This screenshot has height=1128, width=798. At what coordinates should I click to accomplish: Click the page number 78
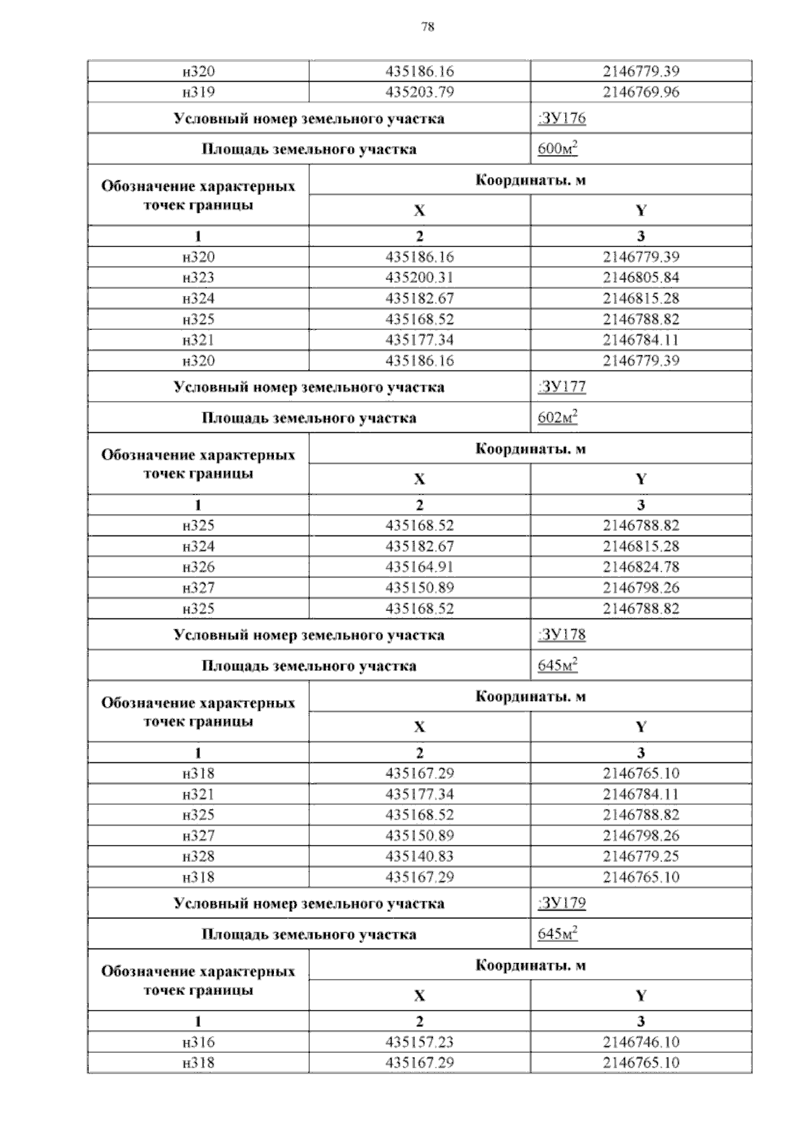[x=428, y=27]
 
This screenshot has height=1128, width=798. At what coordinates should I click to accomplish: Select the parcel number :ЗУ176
[x=561, y=118]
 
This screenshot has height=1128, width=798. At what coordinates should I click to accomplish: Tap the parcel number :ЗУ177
[x=561, y=387]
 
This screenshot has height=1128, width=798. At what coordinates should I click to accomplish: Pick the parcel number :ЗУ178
[x=561, y=634]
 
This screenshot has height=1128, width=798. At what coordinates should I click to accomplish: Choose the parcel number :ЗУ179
[x=561, y=903]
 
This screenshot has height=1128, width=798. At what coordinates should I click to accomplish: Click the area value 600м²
[x=557, y=149]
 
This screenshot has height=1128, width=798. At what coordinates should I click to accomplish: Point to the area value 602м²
[x=557, y=418]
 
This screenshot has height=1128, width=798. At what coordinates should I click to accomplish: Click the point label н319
[x=198, y=92]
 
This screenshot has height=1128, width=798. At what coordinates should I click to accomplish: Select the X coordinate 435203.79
[x=420, y=92]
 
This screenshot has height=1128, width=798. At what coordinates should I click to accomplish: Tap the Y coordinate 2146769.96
[x=641, y=92]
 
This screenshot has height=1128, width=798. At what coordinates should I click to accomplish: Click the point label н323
[x=198, y=278]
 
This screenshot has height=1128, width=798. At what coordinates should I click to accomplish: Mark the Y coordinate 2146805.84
[x=641, y=278]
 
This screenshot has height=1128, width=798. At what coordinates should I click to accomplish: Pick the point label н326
[x=198, y=567]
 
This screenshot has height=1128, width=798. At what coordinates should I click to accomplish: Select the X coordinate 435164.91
[x=420, y=567]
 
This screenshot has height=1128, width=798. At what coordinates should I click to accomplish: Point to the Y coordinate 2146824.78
[x=641, y=567]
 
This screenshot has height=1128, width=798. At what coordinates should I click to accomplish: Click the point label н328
[x=198, y=857]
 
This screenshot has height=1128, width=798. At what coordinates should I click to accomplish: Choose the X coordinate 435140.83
[x=420, y=857]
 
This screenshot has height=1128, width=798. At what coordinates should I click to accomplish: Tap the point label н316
[x=198, y=1042]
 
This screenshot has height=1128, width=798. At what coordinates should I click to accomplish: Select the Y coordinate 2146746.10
[x=641, y=1042]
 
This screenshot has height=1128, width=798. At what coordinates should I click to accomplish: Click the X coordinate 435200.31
[x=420, y=278]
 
